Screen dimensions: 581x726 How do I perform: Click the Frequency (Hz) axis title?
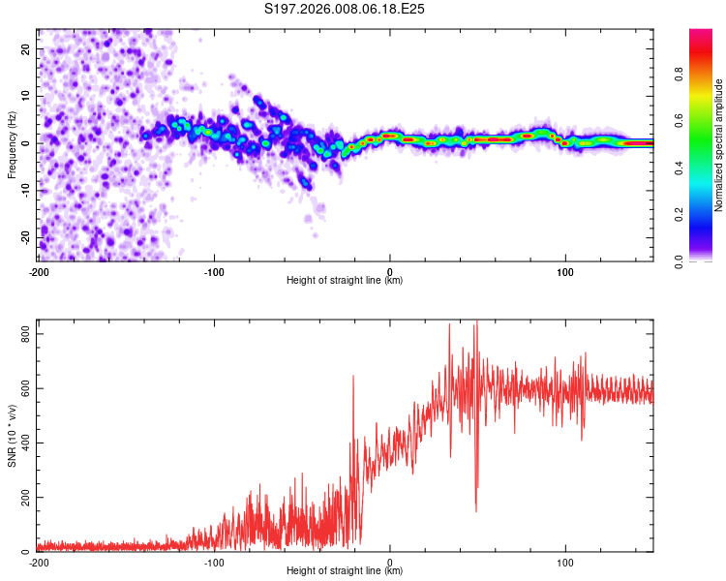[12, 143]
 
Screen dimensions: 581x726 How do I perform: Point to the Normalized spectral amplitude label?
[717, 145]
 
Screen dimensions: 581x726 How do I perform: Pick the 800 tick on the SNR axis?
[22, 333]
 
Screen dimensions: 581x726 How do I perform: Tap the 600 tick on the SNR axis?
[22, 387]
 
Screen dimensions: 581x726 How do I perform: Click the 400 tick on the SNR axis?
[22, 443]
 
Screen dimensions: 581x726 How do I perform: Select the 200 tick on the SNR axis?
[22, 497]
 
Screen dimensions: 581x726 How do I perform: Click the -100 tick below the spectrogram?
[214, 271]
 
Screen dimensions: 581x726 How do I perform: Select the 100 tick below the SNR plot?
[565, 562]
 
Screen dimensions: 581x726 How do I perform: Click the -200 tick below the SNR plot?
[39, 562]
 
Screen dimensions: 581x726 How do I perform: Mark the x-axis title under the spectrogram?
[346, 281]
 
